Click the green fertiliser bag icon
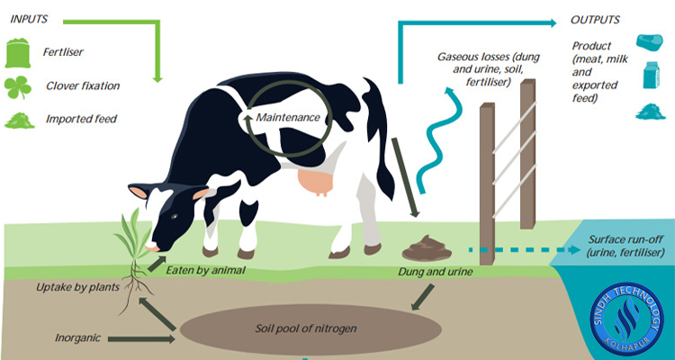[x=19, y=53]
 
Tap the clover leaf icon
[x=19, y=86]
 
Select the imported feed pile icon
[x=19, y=120]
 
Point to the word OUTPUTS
[x=596, y=19]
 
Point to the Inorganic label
[x=76, y=339]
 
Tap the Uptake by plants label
[x=72, y=288]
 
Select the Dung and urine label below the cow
[x=428, y=270]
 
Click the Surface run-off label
[x=622, y=247]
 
